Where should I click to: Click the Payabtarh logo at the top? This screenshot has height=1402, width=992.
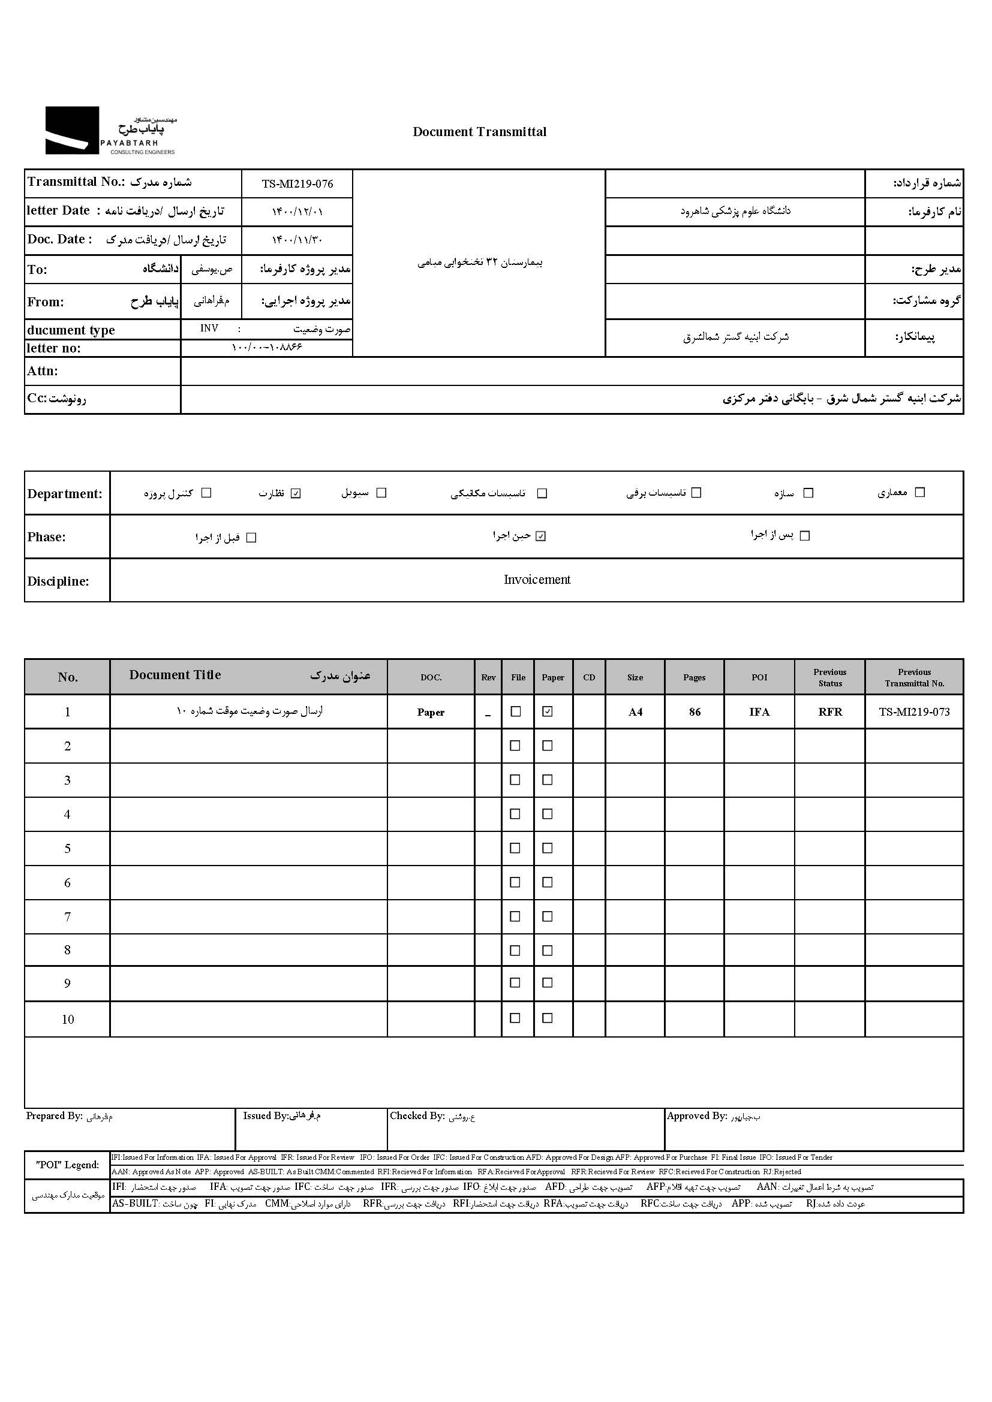click(110, 131)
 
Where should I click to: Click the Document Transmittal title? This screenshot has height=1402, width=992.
click(480, 132)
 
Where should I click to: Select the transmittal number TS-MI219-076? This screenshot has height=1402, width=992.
click(297, 184)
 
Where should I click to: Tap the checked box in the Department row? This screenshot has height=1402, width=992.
click(296, 493)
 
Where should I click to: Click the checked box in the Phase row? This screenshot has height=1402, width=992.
click(540, 536)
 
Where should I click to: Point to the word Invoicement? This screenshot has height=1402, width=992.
click(537, 580)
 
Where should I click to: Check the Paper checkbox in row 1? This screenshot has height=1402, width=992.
click(548, 711)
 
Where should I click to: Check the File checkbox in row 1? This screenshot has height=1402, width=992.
click(516, 711)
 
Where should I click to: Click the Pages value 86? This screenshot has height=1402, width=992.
click(695, 712)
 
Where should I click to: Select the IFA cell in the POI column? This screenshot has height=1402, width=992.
click(759, 712)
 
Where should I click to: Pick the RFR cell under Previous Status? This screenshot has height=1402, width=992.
click(830, 712)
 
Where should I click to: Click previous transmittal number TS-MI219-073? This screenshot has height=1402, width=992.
click(914, 712)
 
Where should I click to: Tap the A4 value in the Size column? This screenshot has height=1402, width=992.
click(635, 712)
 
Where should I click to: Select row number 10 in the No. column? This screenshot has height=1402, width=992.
click(68, 1019)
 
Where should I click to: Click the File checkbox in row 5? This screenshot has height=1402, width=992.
click(516, 848)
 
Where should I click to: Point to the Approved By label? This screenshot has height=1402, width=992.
click(696, 1116)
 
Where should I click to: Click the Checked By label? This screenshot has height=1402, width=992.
click(417, 1116)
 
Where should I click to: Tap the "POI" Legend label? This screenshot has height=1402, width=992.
click(67, 1165)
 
